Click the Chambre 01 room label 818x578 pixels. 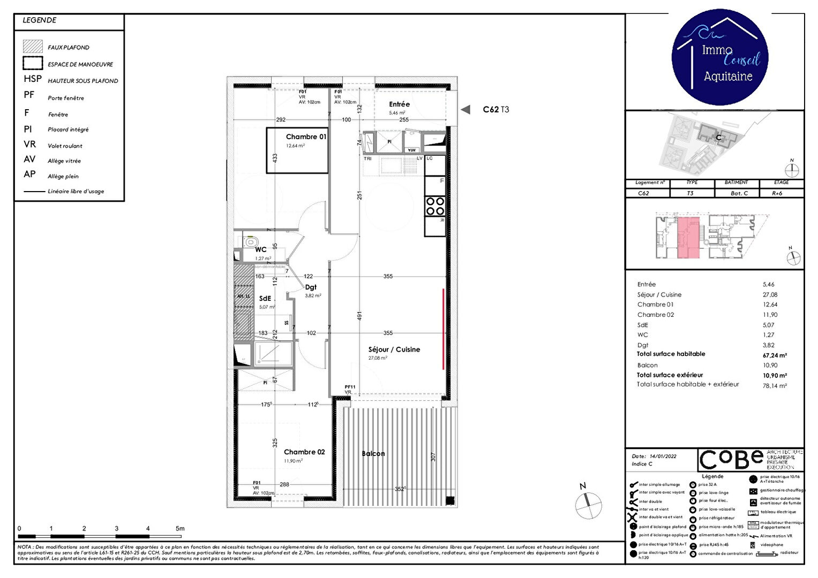pos(306,137)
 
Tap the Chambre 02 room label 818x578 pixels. pos(304,452)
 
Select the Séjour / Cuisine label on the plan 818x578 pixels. pos(394,349)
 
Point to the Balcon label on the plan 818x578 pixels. pos(373,454)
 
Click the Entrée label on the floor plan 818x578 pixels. pos(399,104)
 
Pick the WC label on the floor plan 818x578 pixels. pos(261,250)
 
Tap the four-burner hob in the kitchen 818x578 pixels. pos(435,207)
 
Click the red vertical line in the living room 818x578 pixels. pos(443,329)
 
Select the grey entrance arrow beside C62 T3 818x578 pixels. pos(466,110)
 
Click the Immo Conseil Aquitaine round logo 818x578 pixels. pos(720,57)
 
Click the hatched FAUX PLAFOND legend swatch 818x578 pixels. pos(33,47)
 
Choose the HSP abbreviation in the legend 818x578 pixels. pos(33,79)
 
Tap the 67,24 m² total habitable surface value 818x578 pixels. pos(775,355)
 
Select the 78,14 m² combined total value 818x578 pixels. pos(775,386)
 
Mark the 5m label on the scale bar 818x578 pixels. pos(180,529)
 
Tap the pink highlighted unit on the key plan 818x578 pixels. pos(689,238)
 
